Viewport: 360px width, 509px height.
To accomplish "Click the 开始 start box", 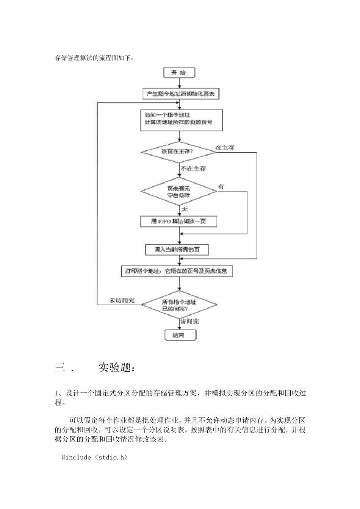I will (179, 72).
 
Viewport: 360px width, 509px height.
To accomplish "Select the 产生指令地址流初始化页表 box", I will (180, 94).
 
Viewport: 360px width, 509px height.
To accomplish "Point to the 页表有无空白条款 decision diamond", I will (179, 192).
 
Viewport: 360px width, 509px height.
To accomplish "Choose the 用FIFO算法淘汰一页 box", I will (178, 222).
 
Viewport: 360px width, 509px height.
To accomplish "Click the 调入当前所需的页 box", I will (177, 250).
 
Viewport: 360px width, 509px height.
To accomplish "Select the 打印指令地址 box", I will (176, 271).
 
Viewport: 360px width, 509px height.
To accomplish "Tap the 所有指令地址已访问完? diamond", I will (179, 305).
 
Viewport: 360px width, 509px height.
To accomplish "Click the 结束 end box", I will (180, 335).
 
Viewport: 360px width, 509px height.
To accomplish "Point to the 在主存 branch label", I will (225, 148).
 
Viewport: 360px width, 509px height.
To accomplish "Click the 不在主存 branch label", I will (193, 169).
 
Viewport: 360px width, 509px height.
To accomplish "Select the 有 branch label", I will (221, 187).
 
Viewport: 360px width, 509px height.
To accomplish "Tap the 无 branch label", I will (185, 209).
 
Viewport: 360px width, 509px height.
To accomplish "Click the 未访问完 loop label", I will (122, 300).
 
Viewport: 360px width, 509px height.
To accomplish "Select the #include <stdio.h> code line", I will (95, 457).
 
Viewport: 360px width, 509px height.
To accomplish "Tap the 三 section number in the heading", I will (60, 367).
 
